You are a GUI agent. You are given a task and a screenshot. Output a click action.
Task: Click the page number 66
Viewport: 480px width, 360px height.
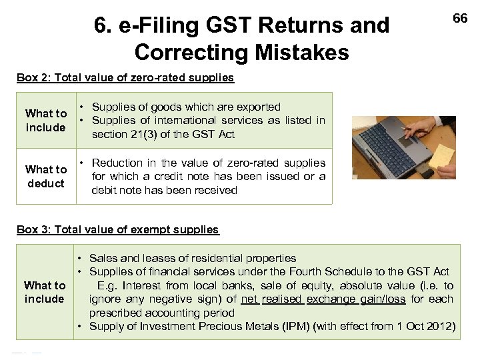(460, 19)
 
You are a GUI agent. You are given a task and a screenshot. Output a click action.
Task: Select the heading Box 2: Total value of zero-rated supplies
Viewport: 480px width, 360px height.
(125, 77)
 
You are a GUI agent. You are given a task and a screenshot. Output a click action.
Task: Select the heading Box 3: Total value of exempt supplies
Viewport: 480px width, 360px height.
(117, 229)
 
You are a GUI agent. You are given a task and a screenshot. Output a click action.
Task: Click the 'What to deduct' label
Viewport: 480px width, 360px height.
(46, 176)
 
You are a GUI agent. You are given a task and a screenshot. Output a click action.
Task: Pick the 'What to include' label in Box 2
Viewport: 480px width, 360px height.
(46, 120)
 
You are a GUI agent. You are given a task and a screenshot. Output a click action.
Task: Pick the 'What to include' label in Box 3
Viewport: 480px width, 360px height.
(45, 292)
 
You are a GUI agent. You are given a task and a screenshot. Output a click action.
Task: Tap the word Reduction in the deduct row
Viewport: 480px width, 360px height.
(117, 163)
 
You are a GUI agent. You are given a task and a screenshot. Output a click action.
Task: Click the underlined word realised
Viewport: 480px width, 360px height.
(282, 299)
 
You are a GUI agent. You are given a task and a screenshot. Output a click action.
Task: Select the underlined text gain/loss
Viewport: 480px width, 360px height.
(383, 299)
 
